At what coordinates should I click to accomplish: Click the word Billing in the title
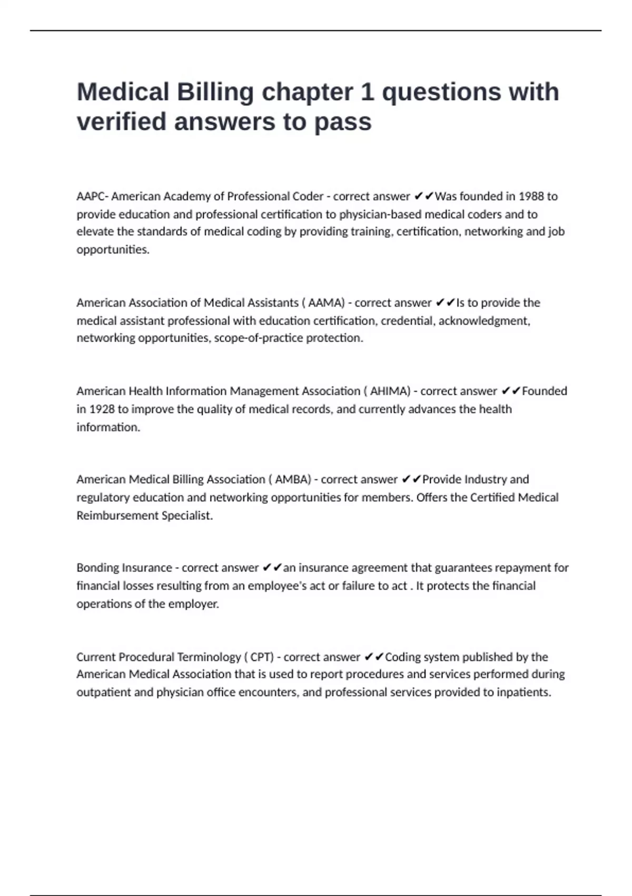(x=215, y=92)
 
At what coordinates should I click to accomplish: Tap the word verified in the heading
(x=122, y=121)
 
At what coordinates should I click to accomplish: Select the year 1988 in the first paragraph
(x=531, y=197)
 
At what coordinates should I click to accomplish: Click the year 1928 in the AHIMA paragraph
(x=102, y=409)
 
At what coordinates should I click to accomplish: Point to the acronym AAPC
(x=91, y=197)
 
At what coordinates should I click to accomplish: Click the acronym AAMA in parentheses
(x=326, y=303)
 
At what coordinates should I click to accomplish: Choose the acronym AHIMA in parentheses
(x=389, y=391)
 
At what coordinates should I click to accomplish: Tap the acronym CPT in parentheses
(x=261, y=657)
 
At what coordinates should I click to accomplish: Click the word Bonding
(x=98, y=568)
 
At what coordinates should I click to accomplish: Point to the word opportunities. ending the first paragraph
(x=113, y=249)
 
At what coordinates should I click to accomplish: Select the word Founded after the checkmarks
(x=544, y=391)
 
